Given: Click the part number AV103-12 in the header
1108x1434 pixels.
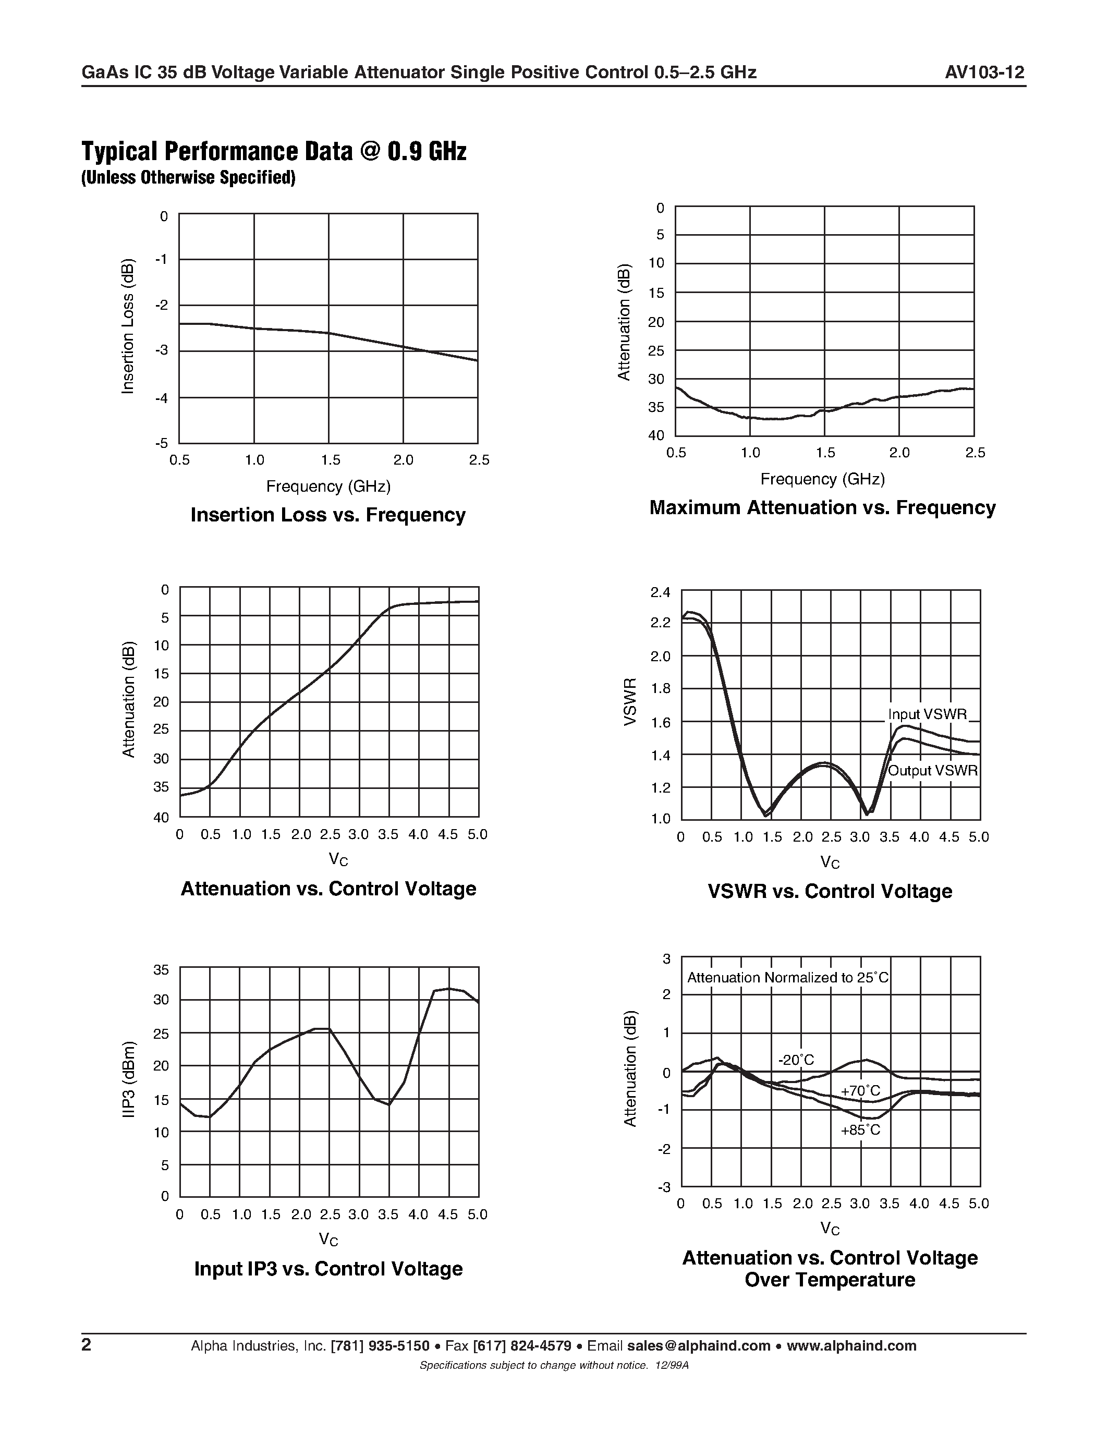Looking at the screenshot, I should (984, 72).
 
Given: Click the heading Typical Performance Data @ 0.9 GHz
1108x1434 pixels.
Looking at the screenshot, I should (274, 152).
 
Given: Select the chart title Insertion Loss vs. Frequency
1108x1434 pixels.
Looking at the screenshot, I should (327, 515).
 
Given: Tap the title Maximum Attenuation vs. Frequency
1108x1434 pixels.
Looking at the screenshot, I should (822, 507).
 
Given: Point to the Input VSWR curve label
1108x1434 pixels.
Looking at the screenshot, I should (928, 714).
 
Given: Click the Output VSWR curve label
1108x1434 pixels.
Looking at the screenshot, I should (933, 771).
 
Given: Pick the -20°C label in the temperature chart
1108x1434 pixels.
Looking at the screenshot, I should (796, 1060).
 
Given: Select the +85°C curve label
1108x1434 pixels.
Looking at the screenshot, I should (860, 1130).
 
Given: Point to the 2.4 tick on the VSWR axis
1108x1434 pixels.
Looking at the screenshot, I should (660, 593).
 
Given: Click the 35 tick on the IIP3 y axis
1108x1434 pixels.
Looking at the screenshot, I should (161, 970).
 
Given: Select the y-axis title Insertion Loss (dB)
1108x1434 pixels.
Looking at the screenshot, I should (128, 327).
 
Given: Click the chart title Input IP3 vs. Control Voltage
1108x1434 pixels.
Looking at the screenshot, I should (328, 1269).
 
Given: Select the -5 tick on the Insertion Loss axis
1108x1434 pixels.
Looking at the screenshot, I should (162, 443).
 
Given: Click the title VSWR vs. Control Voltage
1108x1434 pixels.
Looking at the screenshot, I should (830, 891).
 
